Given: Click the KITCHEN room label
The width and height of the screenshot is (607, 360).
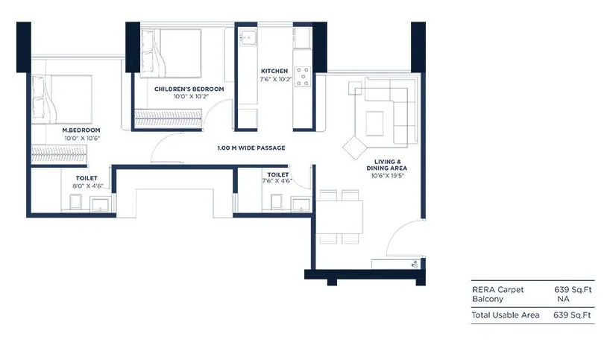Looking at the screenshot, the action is (274, 71).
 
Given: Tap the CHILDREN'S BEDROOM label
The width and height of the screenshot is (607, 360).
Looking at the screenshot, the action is (189, 89).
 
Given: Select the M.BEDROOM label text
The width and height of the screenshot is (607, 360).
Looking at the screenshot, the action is (81, 130).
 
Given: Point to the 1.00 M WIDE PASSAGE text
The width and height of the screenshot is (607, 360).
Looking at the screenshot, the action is (251, 148).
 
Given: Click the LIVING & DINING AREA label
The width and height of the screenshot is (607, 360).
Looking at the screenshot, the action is (387, 165).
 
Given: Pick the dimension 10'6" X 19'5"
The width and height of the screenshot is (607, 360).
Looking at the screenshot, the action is (387, 176).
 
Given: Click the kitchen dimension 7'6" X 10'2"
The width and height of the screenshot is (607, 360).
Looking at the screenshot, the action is (275, 79).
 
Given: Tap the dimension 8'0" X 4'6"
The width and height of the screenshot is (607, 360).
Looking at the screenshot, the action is (88, 186).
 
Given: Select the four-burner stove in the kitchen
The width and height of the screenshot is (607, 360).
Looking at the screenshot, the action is (303, 76).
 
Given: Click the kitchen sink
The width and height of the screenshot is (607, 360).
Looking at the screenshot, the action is (248, 37).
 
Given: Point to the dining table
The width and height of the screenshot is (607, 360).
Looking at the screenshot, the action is (339, 217).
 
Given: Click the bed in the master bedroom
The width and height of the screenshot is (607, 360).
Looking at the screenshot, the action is (62, 99).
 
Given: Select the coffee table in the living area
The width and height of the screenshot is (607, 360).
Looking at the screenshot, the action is (374, 124).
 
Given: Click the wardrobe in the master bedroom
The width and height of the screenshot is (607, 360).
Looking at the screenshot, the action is (59, 154).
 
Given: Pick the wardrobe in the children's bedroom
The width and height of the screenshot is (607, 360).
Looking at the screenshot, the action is (168, 119).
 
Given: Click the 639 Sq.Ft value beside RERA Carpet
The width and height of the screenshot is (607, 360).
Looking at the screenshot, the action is (573, 289).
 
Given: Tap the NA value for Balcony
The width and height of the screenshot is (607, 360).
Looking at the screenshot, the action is (563, 299).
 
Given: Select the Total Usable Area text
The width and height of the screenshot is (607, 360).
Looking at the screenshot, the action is (505, 315).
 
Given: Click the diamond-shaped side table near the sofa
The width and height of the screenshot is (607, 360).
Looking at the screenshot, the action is (355, 147).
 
